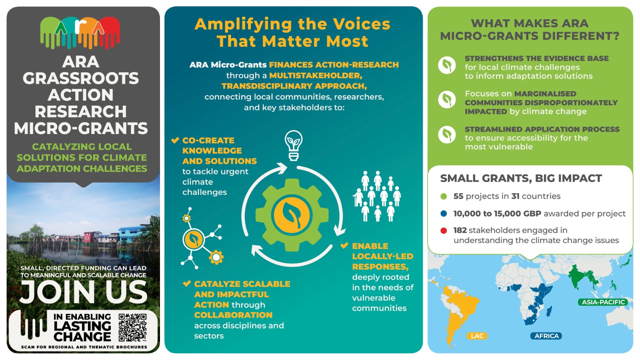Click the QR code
click(x=132, y=328)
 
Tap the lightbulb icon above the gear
click(x=294, y=146)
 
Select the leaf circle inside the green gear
click(x=292, y=215)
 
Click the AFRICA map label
click(x=546, y=336)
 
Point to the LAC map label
click(x=477, y=336)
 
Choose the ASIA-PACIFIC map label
click(x=603, y=302)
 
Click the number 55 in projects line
click(x=458, y=196)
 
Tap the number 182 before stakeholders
click(x=460, y=230)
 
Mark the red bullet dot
click(x=444, y=230)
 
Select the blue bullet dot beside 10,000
click(x=444, y=214)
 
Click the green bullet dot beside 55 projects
click(x=444, y=196)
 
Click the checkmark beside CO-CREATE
click(x=175, y=140)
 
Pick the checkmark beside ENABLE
click(x=344, y=246)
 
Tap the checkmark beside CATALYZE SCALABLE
click(x=187, y=284)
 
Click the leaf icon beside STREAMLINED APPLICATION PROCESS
click(x=447, y=134)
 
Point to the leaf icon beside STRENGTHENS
click(x=447, y=65)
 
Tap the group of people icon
click(x=377, y=196)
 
